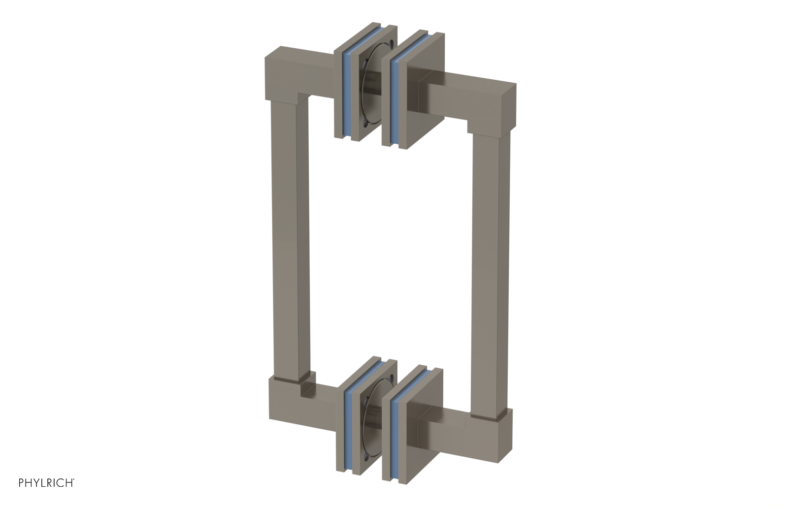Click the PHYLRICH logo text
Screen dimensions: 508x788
pyautogui.click(x=46, y=482)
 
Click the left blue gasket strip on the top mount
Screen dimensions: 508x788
pyautogui.click(x=348, y=96)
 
